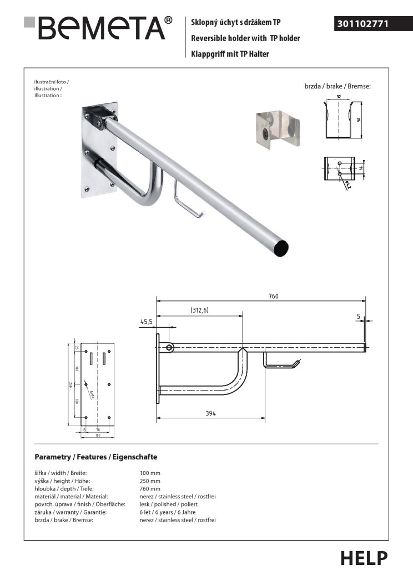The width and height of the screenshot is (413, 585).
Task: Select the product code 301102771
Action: tap(362, 24)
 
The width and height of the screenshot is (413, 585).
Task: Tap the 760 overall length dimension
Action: tap(273, 296)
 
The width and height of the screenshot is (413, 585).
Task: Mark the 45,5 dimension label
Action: tap(147, 321)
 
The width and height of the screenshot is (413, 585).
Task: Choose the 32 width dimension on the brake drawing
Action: tap(338, 96)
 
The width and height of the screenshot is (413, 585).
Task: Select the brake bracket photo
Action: tap(278, 130)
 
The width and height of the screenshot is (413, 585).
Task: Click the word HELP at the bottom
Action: tap(364, 558)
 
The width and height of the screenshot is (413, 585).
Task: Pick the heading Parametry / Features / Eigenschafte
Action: tap(96, 457)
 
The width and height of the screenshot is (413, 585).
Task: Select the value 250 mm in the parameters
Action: tap(150, 481)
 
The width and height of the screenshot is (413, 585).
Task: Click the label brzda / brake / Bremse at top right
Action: tap(337, 87)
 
